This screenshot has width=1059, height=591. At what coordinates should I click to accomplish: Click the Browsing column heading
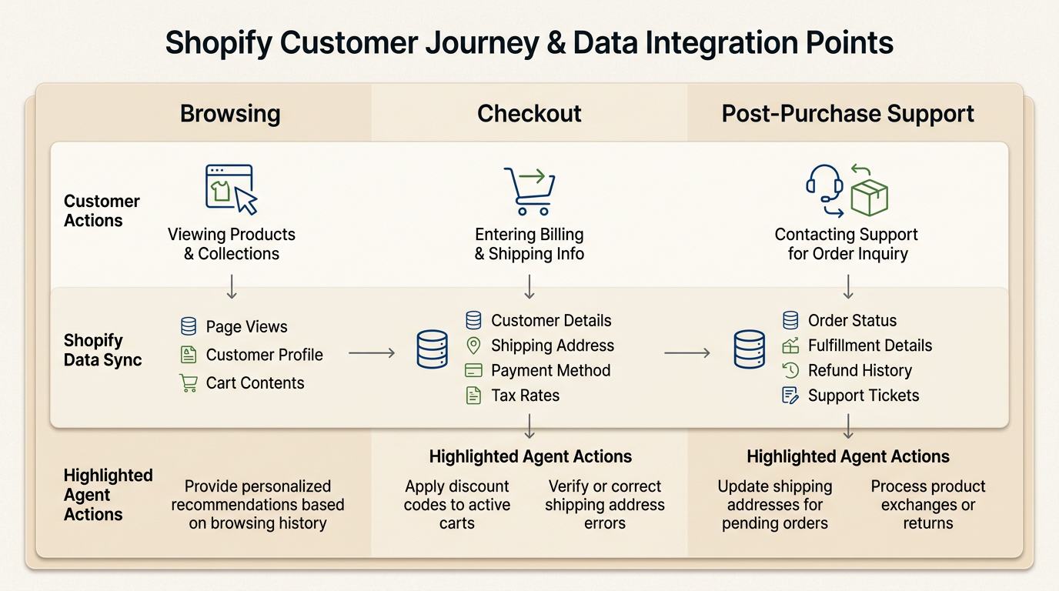tap(230, 114)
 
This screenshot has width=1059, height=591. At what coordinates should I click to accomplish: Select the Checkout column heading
tap(529, 114)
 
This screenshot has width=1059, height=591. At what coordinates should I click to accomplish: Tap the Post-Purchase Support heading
tap(847, 114)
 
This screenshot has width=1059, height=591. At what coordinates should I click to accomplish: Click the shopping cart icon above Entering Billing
tap(529, 191)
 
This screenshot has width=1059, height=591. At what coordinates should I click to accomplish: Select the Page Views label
tap(246, 327)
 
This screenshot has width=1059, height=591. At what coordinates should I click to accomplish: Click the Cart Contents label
tap(255, 383)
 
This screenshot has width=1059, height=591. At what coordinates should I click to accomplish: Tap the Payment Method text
tap(550, 371)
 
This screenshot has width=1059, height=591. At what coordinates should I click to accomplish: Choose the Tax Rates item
tap(525, 396)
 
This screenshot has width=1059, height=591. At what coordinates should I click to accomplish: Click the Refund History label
tap(860, 371)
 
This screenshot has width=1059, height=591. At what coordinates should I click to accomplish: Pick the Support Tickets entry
tap(863, 396)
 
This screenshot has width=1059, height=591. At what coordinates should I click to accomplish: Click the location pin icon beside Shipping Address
tap(473, 346)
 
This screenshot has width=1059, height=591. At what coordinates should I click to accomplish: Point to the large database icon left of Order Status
tap(749, 349)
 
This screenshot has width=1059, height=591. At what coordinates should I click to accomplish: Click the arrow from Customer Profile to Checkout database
tap(372, 353)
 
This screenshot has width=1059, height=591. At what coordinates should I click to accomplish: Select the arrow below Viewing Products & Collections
tap(232, 286)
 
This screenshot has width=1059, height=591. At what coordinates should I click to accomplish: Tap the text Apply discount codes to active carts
tap(457, 505)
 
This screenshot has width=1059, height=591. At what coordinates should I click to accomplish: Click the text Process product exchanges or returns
tap(927, 505)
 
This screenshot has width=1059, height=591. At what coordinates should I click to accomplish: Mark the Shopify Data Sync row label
tap(102, 350)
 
